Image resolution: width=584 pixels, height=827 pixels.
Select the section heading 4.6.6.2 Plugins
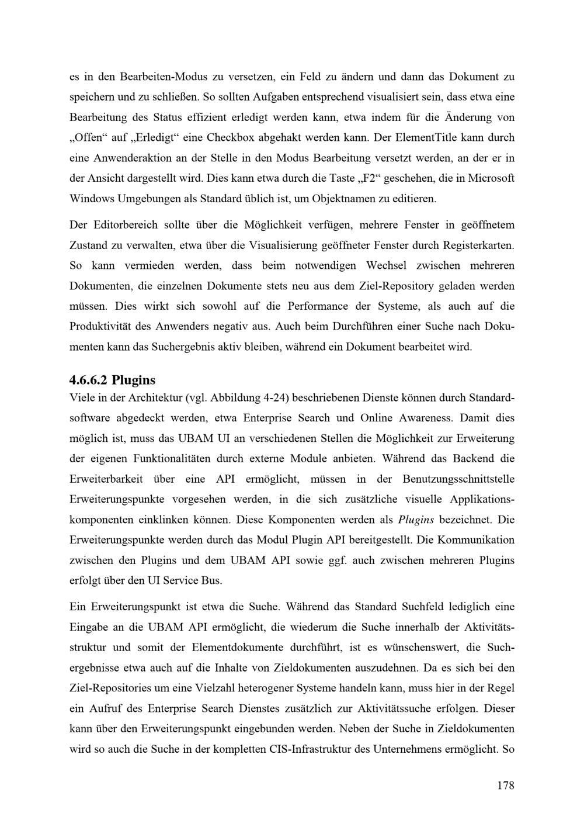(112, 380)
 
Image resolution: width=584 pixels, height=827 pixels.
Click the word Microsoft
(488, 178)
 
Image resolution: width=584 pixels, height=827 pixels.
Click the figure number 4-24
(273, 398)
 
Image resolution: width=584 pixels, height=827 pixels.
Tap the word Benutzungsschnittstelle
(458, 479)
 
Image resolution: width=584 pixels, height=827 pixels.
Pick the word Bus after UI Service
(213, 581)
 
